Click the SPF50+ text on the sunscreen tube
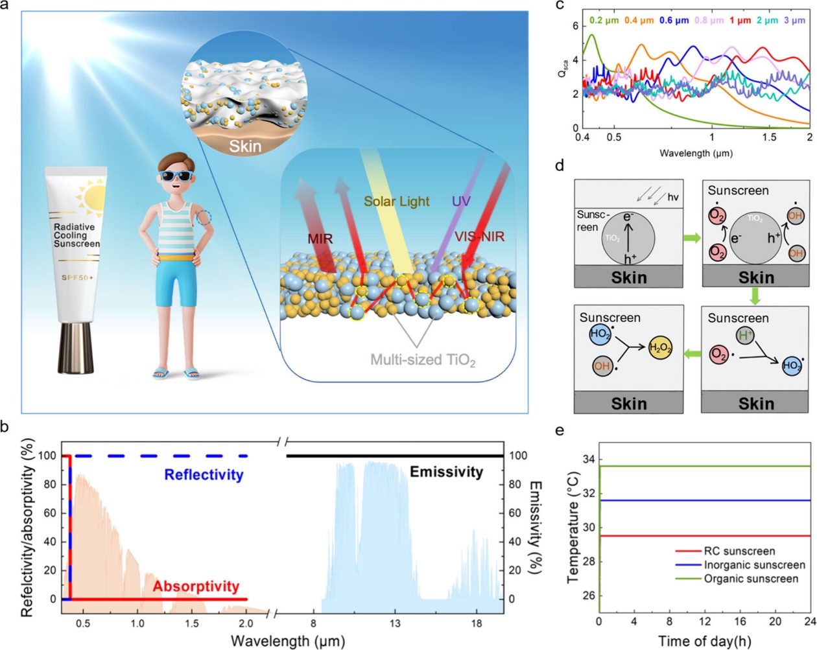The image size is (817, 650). [x=78, y=277]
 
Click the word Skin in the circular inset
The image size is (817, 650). [x=245, y=145]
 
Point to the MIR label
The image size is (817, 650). [x=320, y=238]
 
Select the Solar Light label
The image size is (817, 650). [x=396, y=202]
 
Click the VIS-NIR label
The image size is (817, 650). [x=480, y=237]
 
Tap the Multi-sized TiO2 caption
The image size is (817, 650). [x=423, y=360]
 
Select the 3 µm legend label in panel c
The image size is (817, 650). [x=794, y=20]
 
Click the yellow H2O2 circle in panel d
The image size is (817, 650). [x=661, y=347]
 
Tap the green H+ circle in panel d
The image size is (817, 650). [x=746, y=336]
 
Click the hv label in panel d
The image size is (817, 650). [x=672, y=197]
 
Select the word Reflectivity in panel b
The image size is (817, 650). [x=204, y=474]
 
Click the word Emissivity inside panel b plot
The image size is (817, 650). [x=446, y=472]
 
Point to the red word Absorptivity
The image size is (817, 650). [x=196, y=586]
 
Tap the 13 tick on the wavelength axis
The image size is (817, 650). [x=395, y=623]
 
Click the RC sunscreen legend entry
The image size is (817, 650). [x=739, y=551]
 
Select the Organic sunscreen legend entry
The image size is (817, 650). [x=751, y=579]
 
